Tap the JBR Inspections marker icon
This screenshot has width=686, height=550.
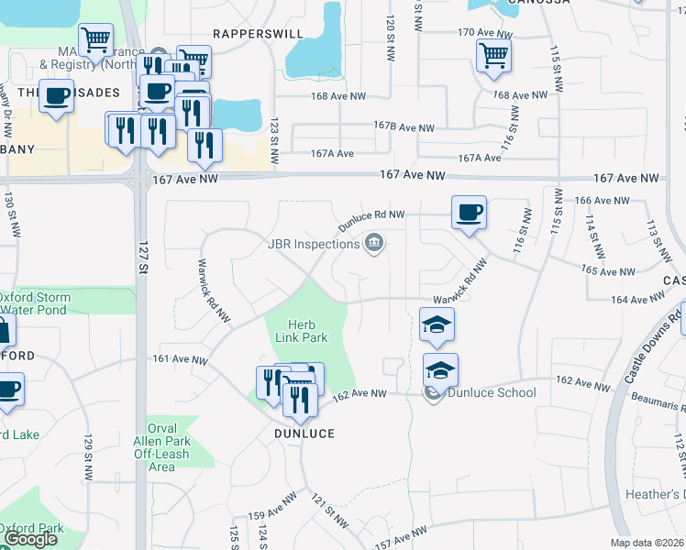[374, 243]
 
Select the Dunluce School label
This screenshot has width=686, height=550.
[492, 392]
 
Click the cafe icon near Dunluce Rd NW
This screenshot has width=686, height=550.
[469, 213]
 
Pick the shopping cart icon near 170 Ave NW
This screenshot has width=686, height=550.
[493, 56]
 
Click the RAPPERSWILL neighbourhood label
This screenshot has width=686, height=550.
[245, 33]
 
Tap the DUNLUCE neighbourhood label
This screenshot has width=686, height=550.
[303, 433]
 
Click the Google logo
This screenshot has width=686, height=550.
[29, 539]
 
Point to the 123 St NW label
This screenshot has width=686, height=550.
[275, 142]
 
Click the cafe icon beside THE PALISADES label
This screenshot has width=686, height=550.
[57, 95]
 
